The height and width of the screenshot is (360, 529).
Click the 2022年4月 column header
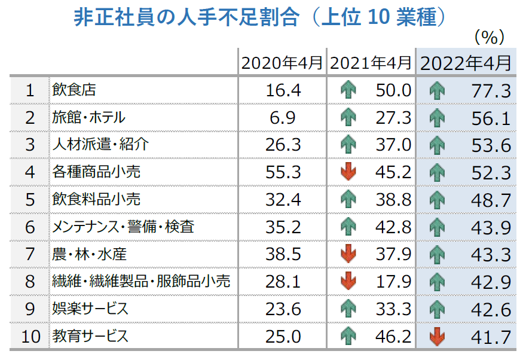(466, 63)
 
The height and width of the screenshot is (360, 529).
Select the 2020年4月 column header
(283, 63)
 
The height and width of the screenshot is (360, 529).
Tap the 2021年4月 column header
(371, 63)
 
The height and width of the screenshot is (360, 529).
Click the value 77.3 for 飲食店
(490, 91)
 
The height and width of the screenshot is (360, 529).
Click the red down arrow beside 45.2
(348, 172)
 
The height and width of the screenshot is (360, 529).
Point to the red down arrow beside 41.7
(438, 337)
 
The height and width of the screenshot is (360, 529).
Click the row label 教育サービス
(90, 337)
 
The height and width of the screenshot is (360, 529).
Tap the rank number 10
(30, 337)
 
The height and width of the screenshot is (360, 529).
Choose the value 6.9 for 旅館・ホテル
(283, 118)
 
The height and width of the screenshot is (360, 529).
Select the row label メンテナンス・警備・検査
(123, 227)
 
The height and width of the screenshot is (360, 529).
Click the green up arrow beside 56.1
(438, 118)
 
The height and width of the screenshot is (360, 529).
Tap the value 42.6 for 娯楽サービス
(490, 309)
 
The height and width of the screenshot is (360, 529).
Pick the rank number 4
(30, 172)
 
